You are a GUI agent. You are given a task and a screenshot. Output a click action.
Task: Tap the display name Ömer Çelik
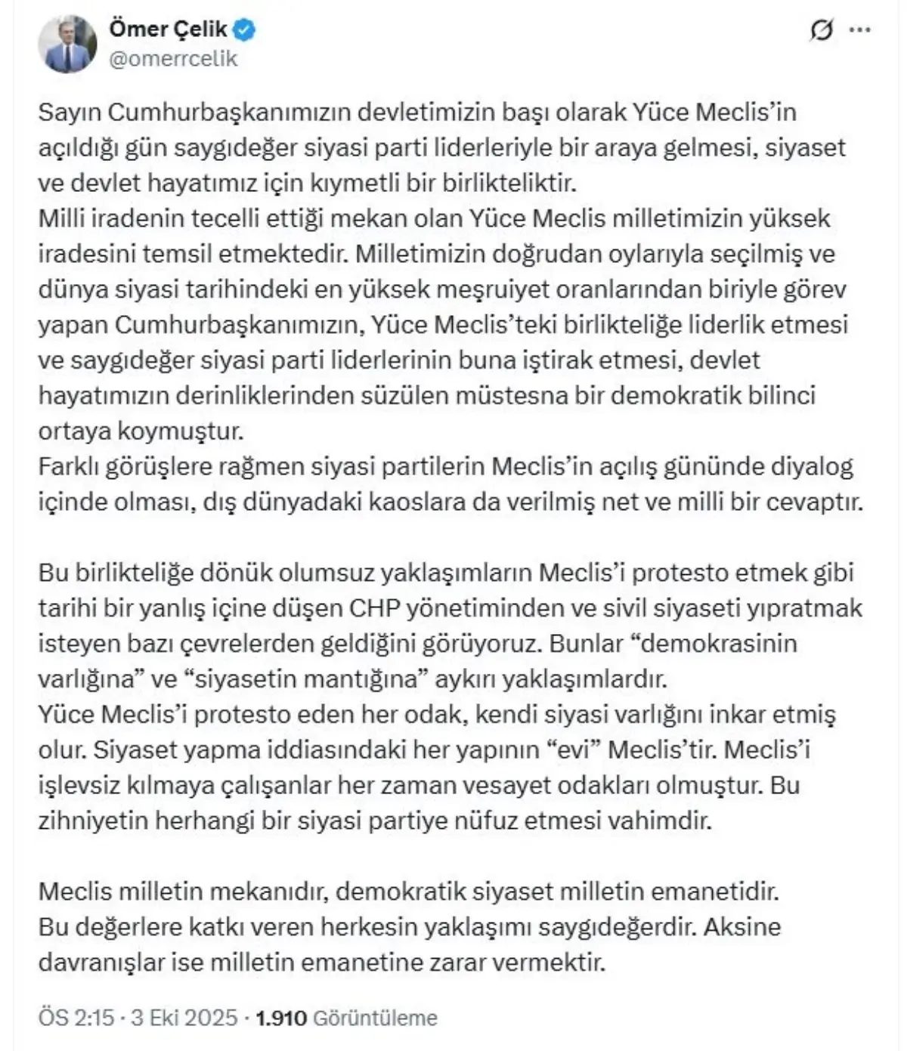click(x=168, y=29)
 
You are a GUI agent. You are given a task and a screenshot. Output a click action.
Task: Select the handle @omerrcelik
click(x=174, y=59)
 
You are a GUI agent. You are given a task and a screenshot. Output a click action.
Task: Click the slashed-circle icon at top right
click(x=820, y=31)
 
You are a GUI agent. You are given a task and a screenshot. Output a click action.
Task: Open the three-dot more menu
click(x=860, y=31)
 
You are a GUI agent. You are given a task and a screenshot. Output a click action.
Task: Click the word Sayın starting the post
click(x=70, y=112)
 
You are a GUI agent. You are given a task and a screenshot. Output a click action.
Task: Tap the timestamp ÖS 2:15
click(x=75, y=1018)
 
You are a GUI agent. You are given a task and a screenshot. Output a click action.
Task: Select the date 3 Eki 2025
click(x=183, y=1018)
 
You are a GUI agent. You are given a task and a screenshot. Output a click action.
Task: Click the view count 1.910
click(x=281, y=1018)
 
